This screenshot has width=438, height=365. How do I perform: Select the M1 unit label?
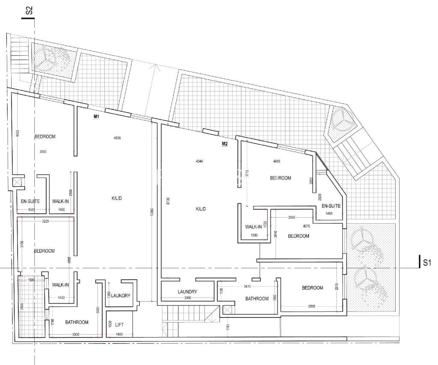[x=96, y=117]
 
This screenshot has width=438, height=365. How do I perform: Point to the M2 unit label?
[x=225, y=144]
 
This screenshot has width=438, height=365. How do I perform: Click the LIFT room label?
[x=120, y=325]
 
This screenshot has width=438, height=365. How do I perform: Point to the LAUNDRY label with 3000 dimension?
[x=187, y=292]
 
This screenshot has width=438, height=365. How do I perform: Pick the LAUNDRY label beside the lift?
[x=120, y=296]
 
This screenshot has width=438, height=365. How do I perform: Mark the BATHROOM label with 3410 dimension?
[x=257, y=299]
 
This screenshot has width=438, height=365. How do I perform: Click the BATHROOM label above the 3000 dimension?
[x=77, y=322]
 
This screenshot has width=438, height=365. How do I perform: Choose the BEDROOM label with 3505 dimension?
[x=312, y=288]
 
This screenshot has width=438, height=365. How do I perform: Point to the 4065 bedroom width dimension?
[x=279, y=162]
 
